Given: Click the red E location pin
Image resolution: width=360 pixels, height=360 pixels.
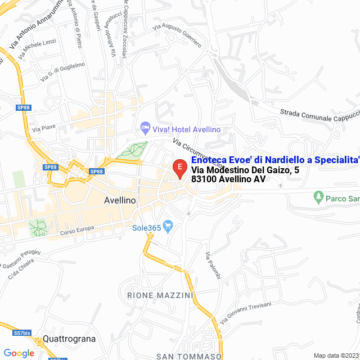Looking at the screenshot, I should click(x=179, y=168).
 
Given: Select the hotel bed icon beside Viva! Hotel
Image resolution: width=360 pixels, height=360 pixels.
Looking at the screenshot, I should click(x=145, y=129).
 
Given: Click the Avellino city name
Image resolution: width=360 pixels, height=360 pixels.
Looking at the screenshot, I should click(x=120, y=200).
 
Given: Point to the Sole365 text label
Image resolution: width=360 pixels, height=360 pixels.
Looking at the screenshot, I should click(x=146, y=228).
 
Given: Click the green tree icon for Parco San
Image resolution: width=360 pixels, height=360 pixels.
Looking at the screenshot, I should click(x=319, y=197).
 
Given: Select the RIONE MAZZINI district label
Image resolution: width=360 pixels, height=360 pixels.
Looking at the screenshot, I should click(x=160, y=295).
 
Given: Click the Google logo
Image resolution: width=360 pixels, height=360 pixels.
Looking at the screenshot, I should click(x=19, y=353).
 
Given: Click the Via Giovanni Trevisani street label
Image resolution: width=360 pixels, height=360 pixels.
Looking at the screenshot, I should click(x=246, y=311).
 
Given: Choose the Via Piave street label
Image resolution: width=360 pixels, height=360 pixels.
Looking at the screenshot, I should click(x=44, y=128).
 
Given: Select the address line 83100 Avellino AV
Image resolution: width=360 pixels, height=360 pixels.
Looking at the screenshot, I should click(x=228, y=179).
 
